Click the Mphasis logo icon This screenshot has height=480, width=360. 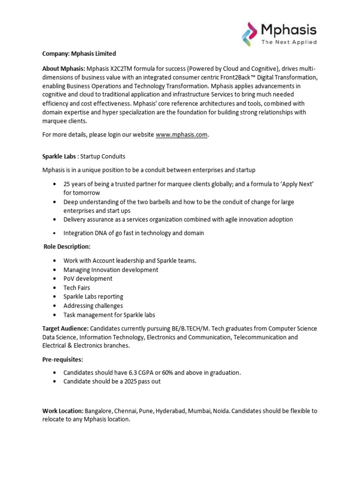[x=250, y=34]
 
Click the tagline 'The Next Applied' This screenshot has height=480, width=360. [x=289, y=42]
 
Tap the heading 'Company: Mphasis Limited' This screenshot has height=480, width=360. [x=79, y=54]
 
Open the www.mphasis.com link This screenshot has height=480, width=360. [x=181, y=135]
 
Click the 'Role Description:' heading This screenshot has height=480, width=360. [x=67, y=247]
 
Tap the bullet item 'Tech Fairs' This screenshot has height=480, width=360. [x=77, y=287]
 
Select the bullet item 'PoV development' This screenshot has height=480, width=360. [x=88, y=278]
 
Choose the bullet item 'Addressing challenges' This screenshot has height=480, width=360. [x=93, y=306]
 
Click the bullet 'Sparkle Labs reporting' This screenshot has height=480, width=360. [x=93, y=297]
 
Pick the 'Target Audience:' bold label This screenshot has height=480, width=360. [x=65, y=329]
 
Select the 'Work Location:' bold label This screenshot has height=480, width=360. [x=63, y=411]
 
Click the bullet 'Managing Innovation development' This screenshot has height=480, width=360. [x=111, y=270]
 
